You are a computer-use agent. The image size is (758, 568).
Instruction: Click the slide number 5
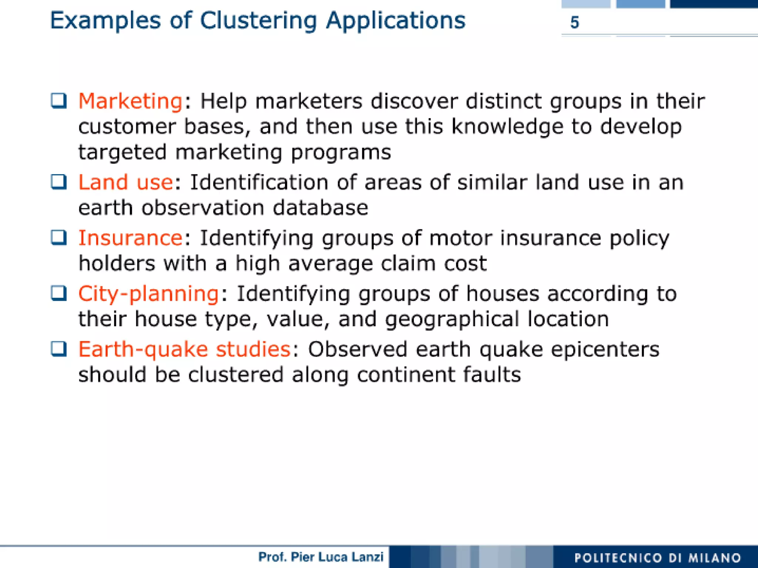(x=574, y=23)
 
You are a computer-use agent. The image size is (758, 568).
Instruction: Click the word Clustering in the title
(x=258, y=20)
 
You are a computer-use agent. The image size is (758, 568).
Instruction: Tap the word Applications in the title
(x=396, y=21)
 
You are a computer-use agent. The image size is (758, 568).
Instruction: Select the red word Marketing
(x=130, y=101)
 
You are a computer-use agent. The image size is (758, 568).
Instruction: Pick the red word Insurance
(x=130, y=238)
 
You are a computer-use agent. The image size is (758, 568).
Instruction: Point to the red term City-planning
(x=148, y=294)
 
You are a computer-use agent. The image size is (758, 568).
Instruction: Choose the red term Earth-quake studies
(x=184, y=349)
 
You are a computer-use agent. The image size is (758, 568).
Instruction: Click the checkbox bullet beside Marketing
(x=59, y=101)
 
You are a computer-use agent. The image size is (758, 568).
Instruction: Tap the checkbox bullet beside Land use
(x=59, y=182)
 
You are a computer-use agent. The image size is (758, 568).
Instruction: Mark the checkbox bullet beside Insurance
(x=59, y=238)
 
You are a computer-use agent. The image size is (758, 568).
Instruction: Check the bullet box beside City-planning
(x=59, y=294)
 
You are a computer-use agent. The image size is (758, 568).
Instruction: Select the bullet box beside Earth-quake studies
(x=59, y=349)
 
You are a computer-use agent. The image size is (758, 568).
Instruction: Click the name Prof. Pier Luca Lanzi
(x=321, y=557)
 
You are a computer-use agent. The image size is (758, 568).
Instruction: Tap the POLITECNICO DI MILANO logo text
(x=658, y=558)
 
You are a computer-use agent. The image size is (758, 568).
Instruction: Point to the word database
(x=321, y=208)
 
